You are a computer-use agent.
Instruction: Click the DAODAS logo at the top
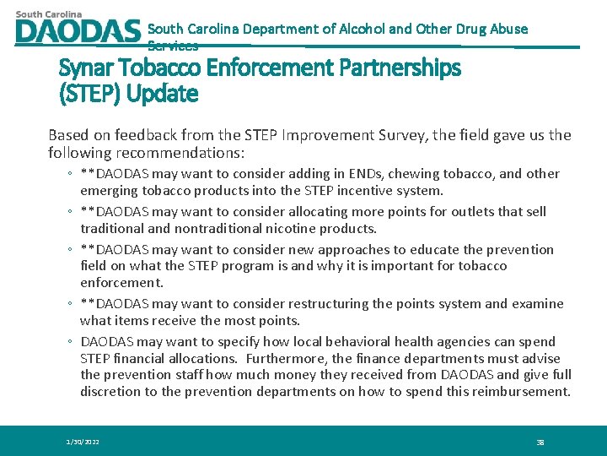[77, 29]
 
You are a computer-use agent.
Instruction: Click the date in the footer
[83, 442]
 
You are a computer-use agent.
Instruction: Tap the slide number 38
[540, 442]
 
